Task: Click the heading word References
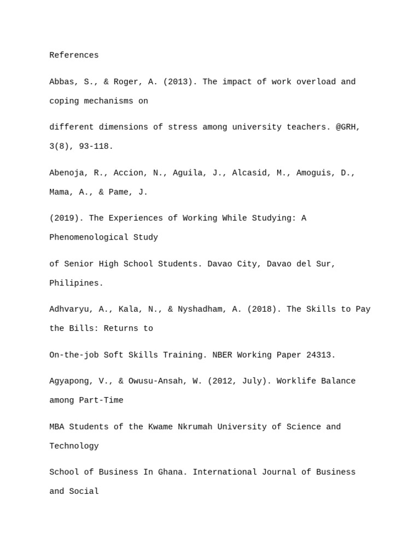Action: [74, 55]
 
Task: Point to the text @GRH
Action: [348, 127]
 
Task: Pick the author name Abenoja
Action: [69, 173]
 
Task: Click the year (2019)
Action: [67, 218]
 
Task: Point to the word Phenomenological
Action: [89, 237]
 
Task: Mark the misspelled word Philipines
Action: [76, 283]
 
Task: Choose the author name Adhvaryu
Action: [71, 309]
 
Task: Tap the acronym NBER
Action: [222, 355]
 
